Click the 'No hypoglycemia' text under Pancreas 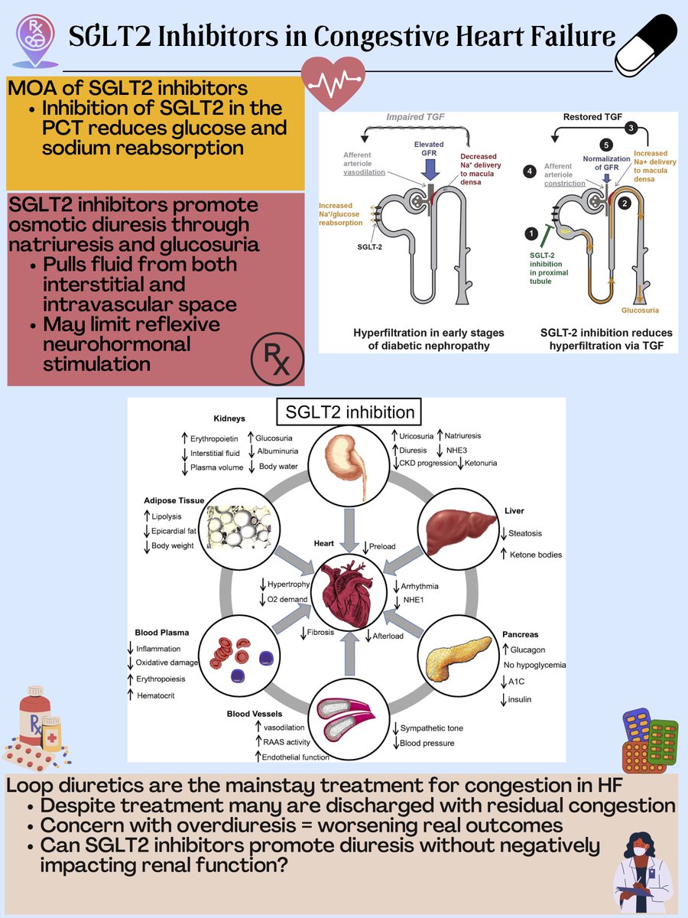pyautogui.click(x=534, y=665)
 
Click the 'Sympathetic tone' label pyautogui.click(x=432, y=728)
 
